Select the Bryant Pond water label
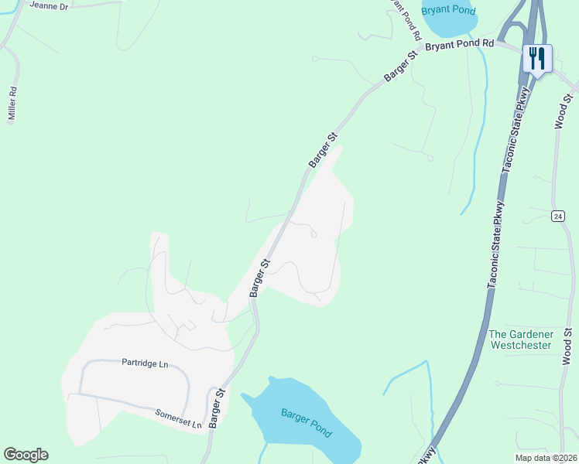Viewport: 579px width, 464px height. (449, 11)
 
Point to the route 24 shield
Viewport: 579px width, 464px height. (557, 216)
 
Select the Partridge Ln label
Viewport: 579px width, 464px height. (145, 363)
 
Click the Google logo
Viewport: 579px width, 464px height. (26, 455)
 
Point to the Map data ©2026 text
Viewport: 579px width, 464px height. (546, 458)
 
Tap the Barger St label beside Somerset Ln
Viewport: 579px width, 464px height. (216, 408)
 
